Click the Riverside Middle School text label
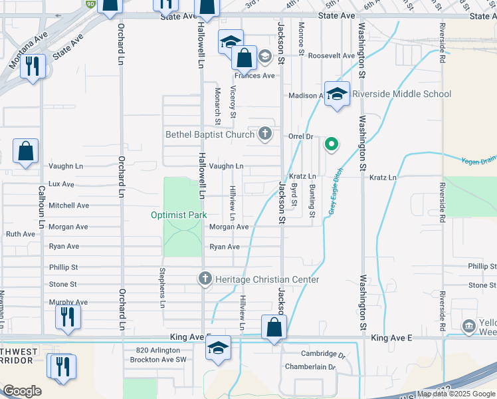402,94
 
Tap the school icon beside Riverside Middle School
337,93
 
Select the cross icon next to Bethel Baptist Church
264,134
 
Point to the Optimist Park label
179,215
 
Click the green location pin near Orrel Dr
331,144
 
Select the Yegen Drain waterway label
478,159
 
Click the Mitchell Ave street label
68,205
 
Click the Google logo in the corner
22,391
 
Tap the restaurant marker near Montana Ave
31,66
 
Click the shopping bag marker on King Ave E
274,327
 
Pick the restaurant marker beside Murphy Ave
68,318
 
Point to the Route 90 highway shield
90,4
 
